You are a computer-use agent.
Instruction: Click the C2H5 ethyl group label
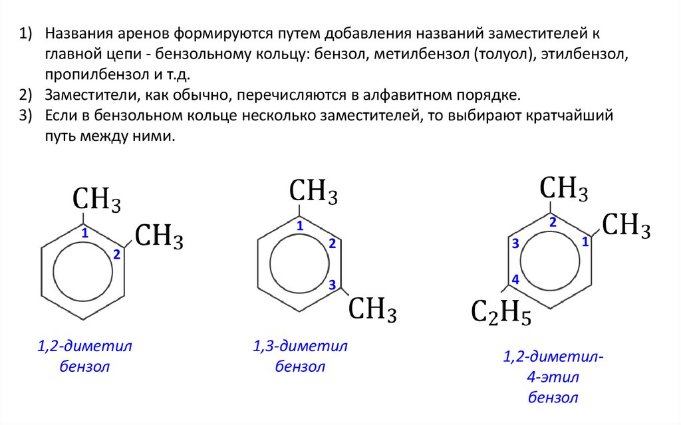coord(501,313)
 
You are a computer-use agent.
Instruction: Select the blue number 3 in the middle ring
coord(332,285)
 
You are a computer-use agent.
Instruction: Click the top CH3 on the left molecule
coord(97,199)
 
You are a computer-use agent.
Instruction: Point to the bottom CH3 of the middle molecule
coord(373,309)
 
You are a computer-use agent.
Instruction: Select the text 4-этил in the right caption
coord(553,378)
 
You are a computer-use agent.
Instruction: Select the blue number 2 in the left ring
coord(116,254)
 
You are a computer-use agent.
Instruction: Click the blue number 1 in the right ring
coord(585,242)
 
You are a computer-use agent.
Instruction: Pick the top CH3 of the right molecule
coord(564,189)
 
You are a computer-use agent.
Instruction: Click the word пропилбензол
coord(86,73)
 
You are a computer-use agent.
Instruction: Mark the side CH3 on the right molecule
coord(626,225)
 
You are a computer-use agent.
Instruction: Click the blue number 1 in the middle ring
coord(300,226)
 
